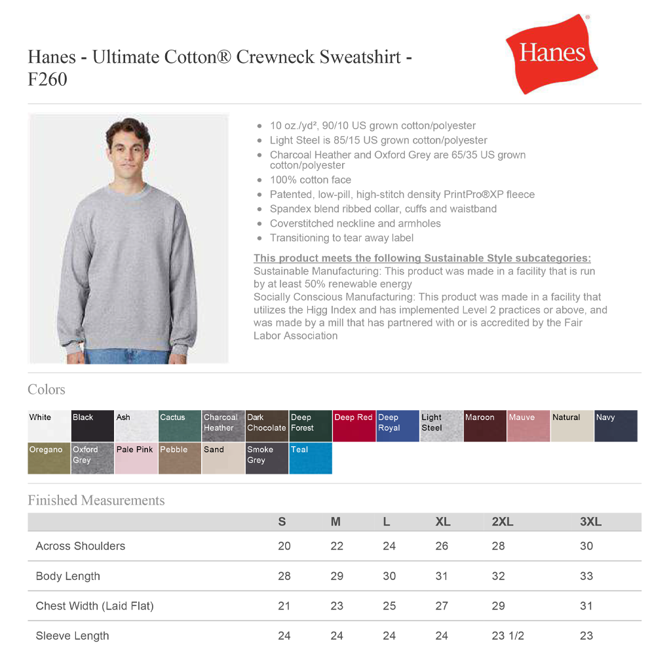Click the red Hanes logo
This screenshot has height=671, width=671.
551,54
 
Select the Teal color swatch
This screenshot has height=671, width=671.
311,458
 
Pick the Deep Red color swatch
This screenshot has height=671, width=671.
354,426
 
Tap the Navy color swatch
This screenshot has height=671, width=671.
615,426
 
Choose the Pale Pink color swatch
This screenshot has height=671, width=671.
136,458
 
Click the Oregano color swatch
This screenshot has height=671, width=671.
48,458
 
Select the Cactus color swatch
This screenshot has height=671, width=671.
179,426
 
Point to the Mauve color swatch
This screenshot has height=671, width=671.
528,426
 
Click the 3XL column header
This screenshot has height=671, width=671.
590,522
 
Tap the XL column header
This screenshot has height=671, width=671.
443,522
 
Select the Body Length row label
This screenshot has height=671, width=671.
68,576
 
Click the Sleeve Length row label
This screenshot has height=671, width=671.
72,636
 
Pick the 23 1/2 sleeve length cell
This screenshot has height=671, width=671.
508,636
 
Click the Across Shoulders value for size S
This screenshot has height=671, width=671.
284,546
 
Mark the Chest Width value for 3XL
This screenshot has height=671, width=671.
586,606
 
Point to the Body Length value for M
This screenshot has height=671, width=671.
337,576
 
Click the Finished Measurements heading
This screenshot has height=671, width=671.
96,501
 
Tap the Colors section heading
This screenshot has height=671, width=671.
47,390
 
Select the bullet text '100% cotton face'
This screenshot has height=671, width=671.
310,180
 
